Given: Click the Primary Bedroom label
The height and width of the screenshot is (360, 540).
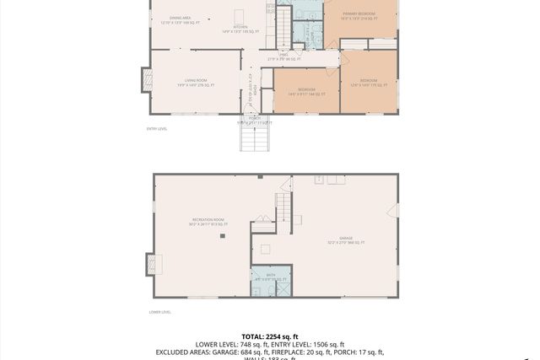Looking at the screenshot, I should point(359,15).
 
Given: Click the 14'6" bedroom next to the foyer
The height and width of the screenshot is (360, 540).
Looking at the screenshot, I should point(306,90).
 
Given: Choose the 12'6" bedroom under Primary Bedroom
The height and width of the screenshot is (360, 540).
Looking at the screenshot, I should point(368,83).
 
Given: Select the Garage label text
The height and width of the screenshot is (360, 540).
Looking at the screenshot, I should point(346,240).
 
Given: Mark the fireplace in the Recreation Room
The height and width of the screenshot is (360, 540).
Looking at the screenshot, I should point(154,264).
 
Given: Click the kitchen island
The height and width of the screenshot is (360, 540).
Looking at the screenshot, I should point(240,15).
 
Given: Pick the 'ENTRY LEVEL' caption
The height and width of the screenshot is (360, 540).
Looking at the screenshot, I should point(157,129).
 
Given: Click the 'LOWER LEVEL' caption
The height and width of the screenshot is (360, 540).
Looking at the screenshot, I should point(159,312).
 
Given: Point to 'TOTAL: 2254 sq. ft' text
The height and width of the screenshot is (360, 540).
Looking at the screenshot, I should point(270,336).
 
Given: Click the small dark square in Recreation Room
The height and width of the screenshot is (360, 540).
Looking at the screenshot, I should point(223,237).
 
